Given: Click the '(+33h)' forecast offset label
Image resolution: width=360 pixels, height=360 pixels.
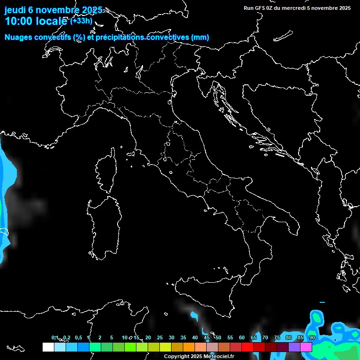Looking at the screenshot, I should pos(82,21).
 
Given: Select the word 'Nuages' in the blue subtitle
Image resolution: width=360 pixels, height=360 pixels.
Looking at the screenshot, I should pos(18,37).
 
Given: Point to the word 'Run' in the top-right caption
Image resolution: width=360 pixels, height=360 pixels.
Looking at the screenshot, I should pos(249,8).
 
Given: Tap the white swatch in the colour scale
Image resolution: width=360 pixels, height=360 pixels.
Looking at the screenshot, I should pos(48,347).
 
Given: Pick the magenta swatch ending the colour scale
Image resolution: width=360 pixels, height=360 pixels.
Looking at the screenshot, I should pos(306,347).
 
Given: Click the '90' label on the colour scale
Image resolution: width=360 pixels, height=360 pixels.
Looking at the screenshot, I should pos(312,337).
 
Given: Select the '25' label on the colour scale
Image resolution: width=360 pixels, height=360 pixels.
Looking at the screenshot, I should pos(159,337).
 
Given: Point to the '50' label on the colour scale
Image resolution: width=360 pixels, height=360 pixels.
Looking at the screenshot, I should pos(218,337).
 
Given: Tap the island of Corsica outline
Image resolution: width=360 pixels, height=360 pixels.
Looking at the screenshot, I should pos(106,171).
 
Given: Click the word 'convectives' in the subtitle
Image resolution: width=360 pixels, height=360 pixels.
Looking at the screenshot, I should pos(166,37).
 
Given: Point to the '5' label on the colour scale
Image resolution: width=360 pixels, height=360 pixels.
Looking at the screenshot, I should pos(112,337).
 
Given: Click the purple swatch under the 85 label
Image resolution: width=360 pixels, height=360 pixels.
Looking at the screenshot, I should pos(294,347).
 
